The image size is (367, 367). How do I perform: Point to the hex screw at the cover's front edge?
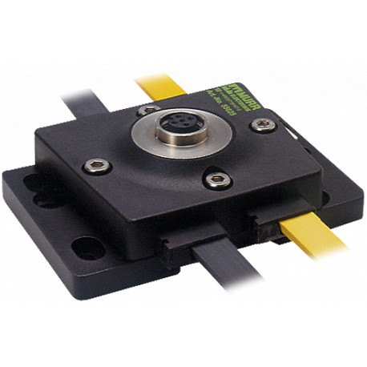point(217,179)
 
